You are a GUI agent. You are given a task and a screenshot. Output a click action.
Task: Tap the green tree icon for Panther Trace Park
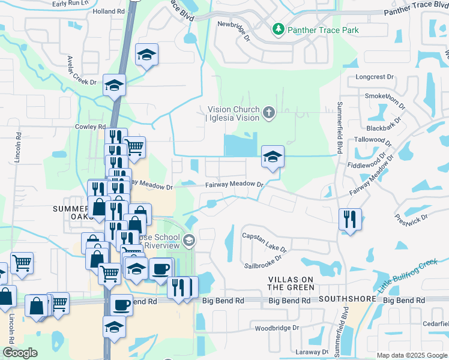(x=279, y=29)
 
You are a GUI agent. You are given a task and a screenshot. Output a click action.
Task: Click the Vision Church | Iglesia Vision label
(x=234, y=113)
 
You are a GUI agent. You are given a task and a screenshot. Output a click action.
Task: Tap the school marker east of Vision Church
(x=273, y=158)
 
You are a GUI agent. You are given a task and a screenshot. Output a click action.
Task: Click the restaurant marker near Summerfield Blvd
(x=349, y=220)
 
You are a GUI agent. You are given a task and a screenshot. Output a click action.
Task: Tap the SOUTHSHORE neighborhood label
(x=347, y=298)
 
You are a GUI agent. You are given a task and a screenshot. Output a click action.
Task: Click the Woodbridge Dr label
(x=277, y=328)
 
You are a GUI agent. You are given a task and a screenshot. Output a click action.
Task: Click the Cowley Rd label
(x=90, y=127)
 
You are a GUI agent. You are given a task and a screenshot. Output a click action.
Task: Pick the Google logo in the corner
(x=20, y=353)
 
